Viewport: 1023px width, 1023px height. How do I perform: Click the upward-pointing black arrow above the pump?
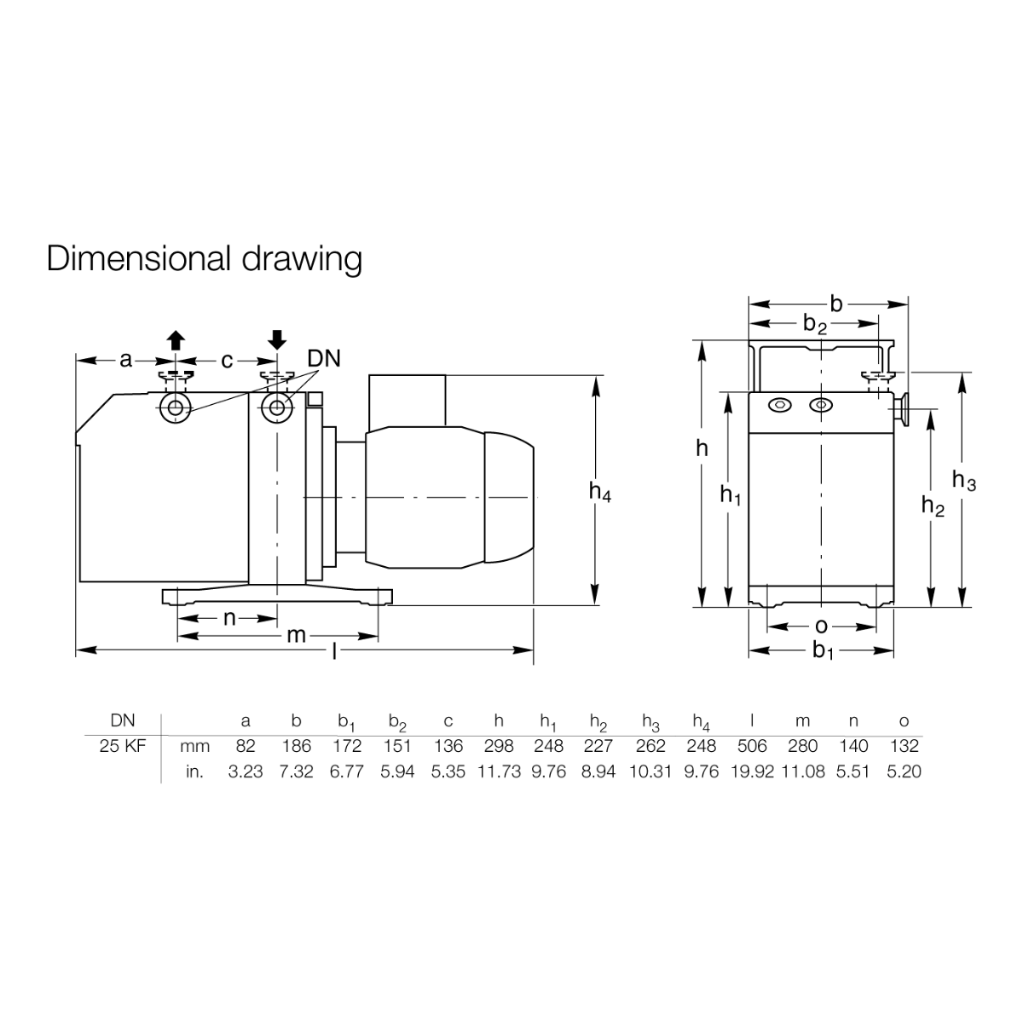click(x=176, y=340)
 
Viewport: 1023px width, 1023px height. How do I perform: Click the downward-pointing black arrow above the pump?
click(x=277, y=340)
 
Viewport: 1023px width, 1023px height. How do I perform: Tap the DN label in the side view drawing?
click(x=324, y=360)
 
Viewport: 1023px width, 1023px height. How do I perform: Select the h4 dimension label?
click(x=600, y=492)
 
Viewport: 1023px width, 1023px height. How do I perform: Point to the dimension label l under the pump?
click(x=334, y=650)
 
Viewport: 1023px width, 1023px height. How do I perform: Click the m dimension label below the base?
click(x=296, y=635)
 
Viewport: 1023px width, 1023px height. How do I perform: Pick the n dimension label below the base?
click(x=229, y=618)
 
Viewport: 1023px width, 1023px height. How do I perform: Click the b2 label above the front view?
click(x=815, y=324)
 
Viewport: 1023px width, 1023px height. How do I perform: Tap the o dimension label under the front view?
click(x=821, y=627)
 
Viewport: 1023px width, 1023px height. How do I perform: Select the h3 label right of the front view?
click(x=964, y=481)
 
